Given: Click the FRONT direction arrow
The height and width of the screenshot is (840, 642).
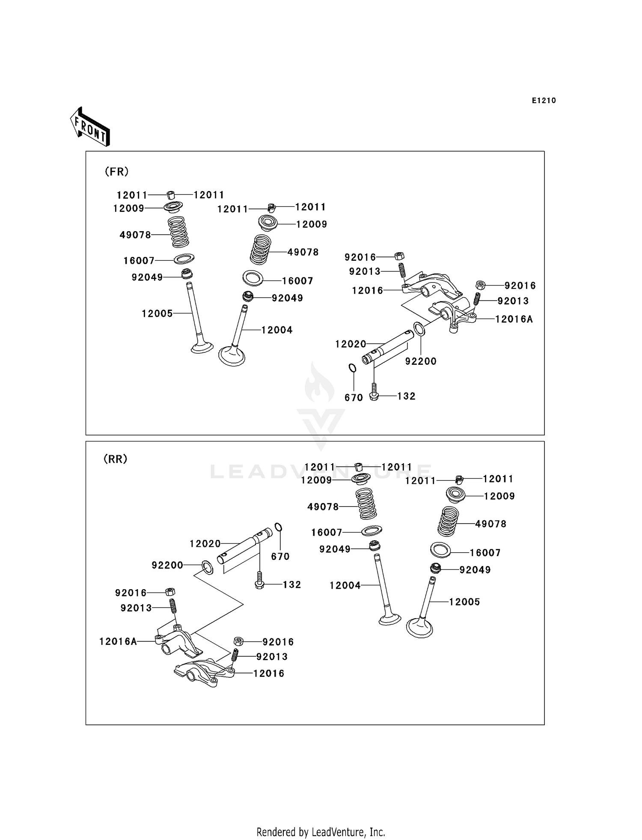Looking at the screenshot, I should coord(90,127).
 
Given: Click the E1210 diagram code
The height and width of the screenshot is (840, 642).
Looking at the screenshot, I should coord(544,101).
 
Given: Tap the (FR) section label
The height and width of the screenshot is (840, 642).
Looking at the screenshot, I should coord(116,172).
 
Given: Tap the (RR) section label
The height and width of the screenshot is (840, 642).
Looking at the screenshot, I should coord(115,459).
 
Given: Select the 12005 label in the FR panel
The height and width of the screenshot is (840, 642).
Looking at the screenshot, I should coord(157,313).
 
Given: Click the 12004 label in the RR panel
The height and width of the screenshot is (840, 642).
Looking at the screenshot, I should coord(345,585).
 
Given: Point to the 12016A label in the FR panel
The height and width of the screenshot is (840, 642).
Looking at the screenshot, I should coord(514,319).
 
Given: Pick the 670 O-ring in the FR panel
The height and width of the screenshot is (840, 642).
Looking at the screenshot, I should coord(352,368).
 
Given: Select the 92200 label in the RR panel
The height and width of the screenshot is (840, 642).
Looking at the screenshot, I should coord(167,565).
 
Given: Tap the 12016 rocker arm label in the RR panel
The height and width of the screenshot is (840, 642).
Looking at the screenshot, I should coord(268,673).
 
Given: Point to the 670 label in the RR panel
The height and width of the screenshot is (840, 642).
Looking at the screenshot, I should coord(280,557).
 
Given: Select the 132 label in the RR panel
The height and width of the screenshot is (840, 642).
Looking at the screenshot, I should coord(292,585).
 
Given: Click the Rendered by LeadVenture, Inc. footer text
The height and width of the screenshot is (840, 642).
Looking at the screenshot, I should coord(321,832).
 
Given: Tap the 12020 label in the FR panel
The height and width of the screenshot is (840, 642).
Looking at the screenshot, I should coord(351,344).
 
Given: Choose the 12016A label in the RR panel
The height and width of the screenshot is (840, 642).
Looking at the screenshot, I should coord(118,641).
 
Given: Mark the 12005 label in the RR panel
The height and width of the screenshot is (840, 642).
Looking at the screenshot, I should coord(464,602).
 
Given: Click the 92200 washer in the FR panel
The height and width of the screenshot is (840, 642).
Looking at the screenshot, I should coord(419,329).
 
